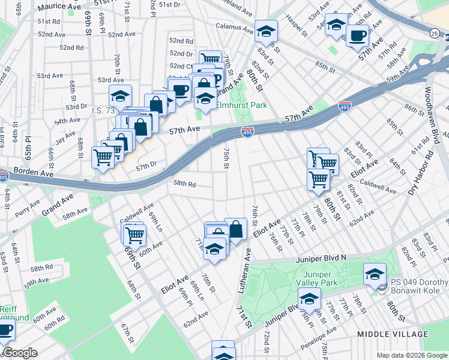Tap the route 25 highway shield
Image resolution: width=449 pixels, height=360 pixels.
tap(434, 34)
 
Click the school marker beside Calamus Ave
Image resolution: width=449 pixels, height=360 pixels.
tap(266, 31)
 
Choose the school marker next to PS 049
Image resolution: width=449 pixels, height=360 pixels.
tap(375, 274)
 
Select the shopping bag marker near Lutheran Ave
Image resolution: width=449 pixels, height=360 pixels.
tap(236, 229)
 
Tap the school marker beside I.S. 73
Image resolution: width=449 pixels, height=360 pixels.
tap(120, 95)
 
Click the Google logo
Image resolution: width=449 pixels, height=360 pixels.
tap(20, 353)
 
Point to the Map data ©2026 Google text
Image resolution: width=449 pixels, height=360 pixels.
tap(411, 355)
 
